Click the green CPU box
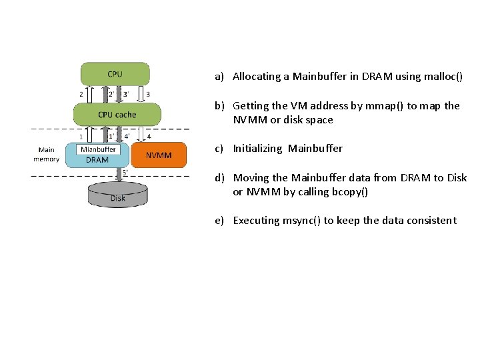point(115,73)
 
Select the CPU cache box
point(117,114)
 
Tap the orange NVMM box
point(159,155)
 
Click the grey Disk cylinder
point(117,195)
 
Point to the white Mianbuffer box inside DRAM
point(98,149)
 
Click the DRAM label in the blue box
point(97,160)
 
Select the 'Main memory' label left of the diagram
point(47,155)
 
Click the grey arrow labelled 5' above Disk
point(117,175)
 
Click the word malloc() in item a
point(443,77)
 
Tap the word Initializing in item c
point(257,149)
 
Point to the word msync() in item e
point(302,221)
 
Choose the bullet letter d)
point(219,178)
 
